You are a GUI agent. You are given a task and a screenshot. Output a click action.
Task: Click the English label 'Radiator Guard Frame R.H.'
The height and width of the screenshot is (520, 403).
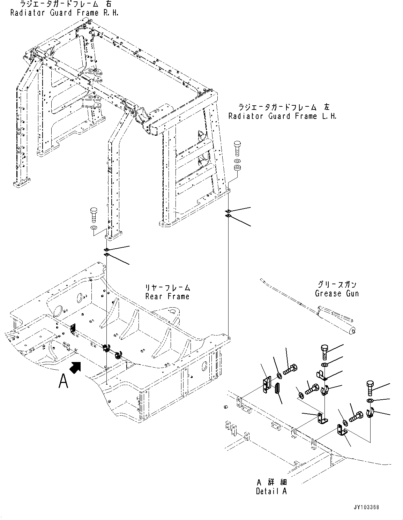click(64, 13)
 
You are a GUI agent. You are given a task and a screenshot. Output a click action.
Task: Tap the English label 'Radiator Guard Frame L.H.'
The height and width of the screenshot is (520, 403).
click(282, 116)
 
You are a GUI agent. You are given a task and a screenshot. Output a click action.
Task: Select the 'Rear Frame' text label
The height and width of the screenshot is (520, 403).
click(167, 296)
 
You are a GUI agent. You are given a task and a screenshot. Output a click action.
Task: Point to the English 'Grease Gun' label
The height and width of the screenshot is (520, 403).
click(336, 293)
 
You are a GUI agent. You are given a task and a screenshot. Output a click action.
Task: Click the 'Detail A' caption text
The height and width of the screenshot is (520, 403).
click(271, 491)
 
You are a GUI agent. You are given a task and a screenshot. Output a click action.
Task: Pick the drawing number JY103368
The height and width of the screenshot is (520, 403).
click(366, 507)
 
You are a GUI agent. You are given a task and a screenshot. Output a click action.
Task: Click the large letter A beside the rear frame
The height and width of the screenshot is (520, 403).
click(63, 380)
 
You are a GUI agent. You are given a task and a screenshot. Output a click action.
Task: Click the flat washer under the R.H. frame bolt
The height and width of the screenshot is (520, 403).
click(94, 228)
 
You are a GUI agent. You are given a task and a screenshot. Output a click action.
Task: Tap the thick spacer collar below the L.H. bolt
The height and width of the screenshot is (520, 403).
click(237, 168)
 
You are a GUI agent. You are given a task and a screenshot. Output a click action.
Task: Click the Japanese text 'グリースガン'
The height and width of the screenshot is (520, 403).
click(337, 285)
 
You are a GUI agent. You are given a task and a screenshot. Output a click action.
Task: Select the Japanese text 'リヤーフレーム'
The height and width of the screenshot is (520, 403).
click(167, 288)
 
